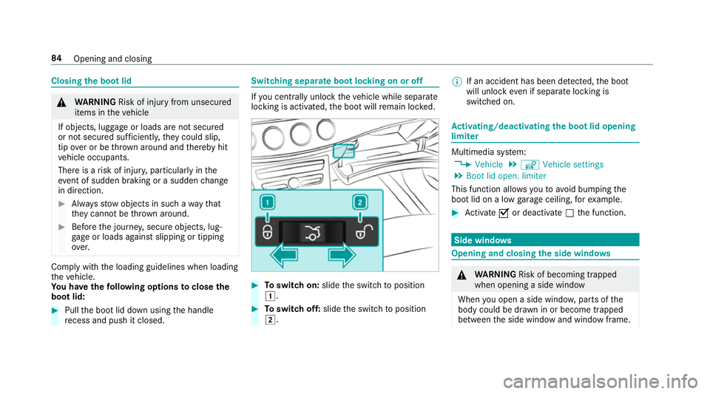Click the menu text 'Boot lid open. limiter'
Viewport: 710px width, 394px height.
[506, 176]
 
